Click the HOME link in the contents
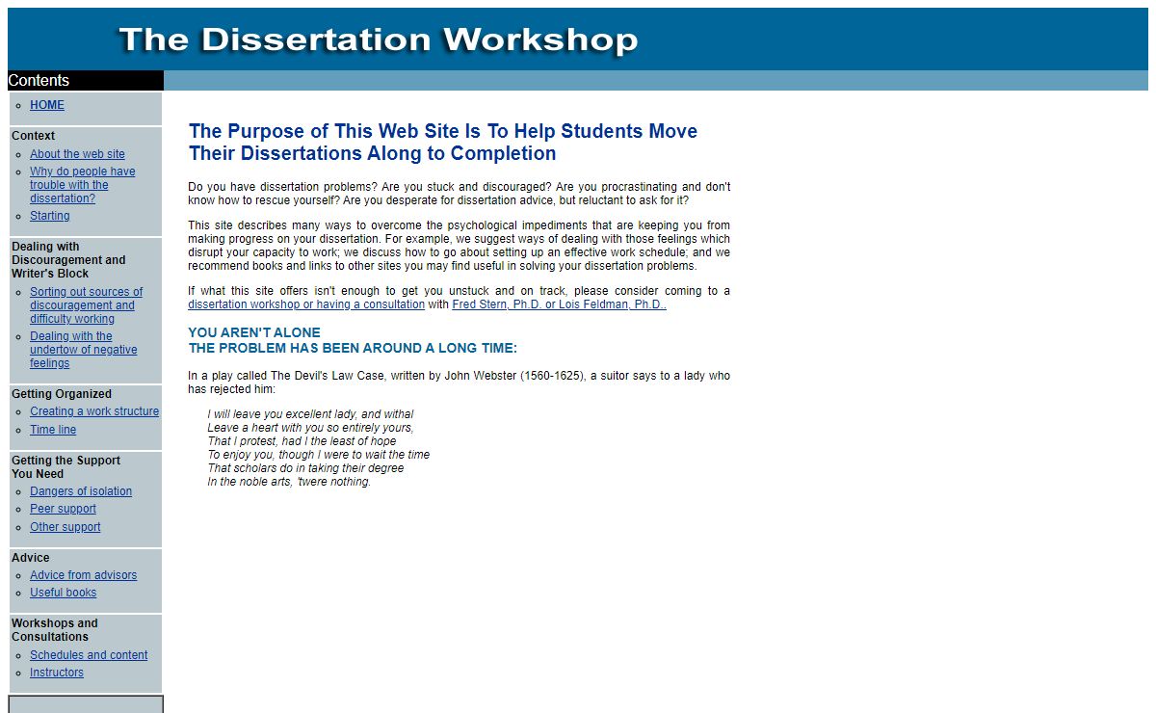tap(47, 105)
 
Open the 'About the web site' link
tap(77, 154)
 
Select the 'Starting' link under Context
tap(49, 216)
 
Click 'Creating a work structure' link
tap(94, 411)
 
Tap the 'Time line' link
tap(53, 430)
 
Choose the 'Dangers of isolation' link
tap(81, 491)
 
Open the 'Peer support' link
tap(63, 509)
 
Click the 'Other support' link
tap(65, 527)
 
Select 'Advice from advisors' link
tap(83, 575)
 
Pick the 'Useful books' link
tap(63, 593)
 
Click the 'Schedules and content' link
tap(89, 655)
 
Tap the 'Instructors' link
tap(57, 673)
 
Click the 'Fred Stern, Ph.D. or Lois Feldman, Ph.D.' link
tap(559, 304)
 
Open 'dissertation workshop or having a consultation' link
tap(306, 304)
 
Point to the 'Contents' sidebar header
tap(39, 81)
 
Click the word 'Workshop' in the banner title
tap(539, 40)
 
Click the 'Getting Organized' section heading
tap(62, 394)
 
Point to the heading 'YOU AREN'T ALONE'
tap(254, 332)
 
